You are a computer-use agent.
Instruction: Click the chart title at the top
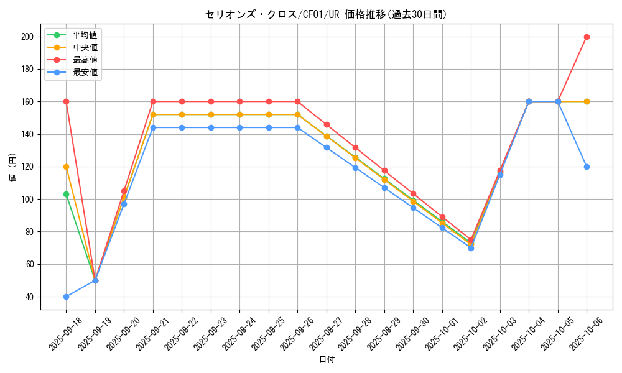(326, 14)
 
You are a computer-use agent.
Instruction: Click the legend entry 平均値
(85, 35)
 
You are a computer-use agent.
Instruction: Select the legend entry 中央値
(85, 47)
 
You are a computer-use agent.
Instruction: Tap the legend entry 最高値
(85, 60)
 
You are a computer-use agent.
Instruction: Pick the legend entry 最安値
(85, 72)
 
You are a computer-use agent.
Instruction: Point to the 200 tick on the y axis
(27, 37)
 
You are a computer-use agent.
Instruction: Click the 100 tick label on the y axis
(27, 199)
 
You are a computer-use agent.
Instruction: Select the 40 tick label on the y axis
(29, 297)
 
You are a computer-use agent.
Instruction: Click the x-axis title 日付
(327, 360)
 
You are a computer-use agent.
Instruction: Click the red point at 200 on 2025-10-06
(587, 37)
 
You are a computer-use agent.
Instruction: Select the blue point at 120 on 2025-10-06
(587, 167)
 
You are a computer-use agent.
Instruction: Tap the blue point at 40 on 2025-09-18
(66, 297)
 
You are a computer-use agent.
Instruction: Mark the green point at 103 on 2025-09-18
(66, 194)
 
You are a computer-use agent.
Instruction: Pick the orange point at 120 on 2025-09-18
(66, 167)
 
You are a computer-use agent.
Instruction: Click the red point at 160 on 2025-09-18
(66, 101)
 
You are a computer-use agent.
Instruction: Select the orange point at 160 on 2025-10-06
(587, 101)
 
